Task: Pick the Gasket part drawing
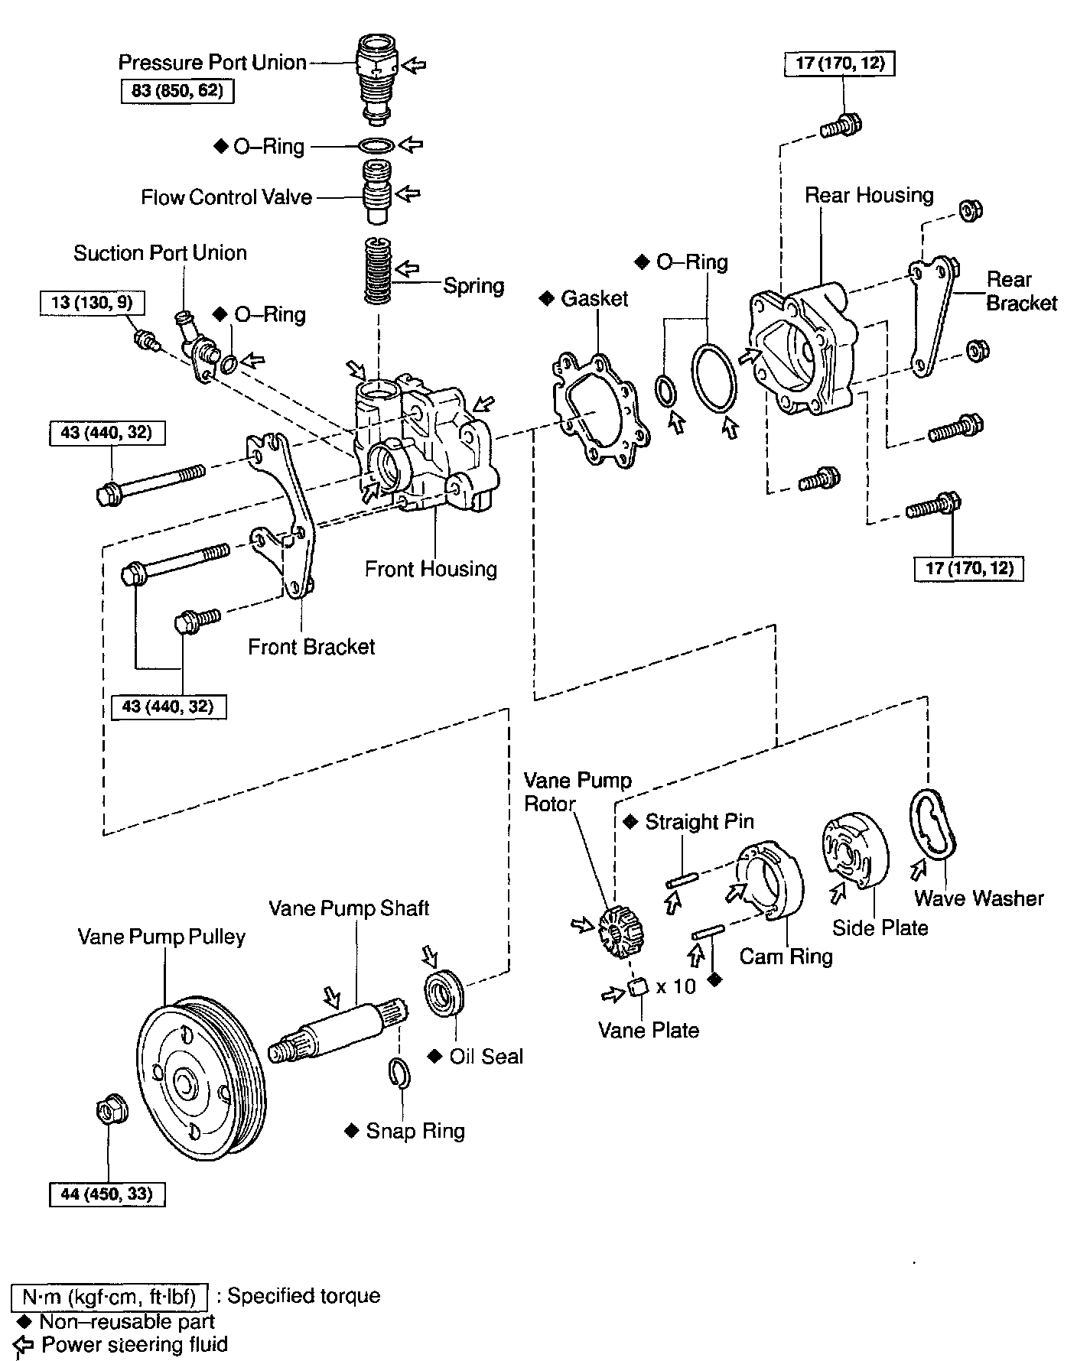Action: tap(601, 409)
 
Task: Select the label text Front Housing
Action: tap(431, 569)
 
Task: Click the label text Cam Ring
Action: tap(786, 956)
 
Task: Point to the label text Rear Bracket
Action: tap(1021, 291)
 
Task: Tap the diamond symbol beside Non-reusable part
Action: tap(22, 1321)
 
